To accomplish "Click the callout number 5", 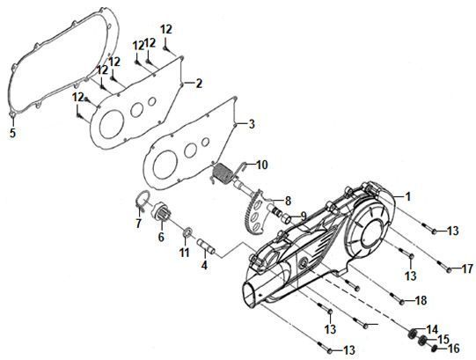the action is coord(12,132).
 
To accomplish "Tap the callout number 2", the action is coord(199,84).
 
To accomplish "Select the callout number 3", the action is coord(252,124).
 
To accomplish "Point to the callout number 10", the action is coord(262,165).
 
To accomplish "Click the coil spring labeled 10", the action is coord(223,173).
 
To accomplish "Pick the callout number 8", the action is coord(288,201).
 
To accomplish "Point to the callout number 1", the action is coord(407,196).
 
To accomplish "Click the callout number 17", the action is coord(467,268).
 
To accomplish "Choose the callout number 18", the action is coord(421,300).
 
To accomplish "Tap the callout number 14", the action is coord(432,329).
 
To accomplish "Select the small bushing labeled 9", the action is coord(287,218).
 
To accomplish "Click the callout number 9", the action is coord(304,216).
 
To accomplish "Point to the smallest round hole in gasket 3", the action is coord(206,142).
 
